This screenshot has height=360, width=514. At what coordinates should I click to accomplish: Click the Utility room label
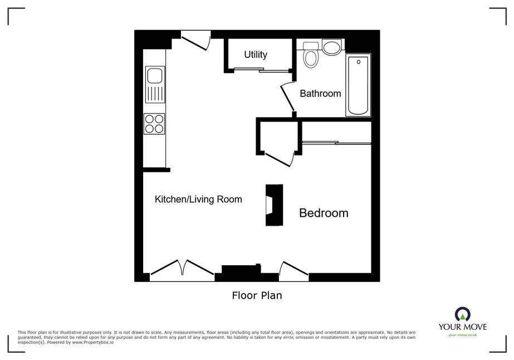(x=256, y=55)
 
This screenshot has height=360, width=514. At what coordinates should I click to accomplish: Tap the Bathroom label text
(x=320, y=94)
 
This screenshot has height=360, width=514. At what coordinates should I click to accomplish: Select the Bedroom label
(x=324, y=213)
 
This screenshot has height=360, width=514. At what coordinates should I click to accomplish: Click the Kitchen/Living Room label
(x=198, y=199)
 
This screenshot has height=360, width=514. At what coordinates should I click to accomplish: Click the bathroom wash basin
(x=332, y=47)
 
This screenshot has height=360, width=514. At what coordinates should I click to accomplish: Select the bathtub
(x=358, y=85)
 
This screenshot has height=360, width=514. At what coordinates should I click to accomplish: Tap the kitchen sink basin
(x=155, y=75)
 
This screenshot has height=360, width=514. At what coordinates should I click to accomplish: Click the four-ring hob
(x=154, y=124)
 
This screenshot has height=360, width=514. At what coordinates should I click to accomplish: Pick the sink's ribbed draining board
(x=155, y=94)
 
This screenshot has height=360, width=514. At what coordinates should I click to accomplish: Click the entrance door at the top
(x=196, y=40)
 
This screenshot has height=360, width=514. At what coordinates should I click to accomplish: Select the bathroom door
(x=287, y=97)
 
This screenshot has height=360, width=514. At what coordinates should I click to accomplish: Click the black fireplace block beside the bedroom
(x=274, y=205)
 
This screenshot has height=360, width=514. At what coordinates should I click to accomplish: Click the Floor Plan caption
(x=257, y=295)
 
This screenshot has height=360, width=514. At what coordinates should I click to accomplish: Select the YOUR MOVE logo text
(x=463, y=327)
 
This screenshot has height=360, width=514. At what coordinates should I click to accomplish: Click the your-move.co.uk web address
(x=463, y=335)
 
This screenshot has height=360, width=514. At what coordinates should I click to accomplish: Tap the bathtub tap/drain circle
(x=359, y=62)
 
